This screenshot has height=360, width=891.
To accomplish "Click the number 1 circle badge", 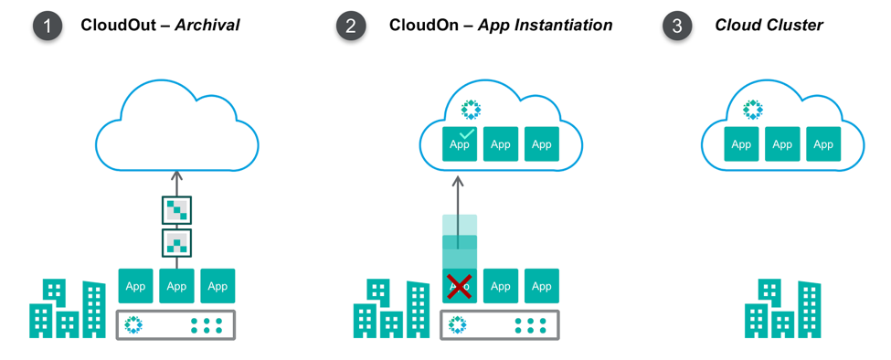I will click(x=48, y=26).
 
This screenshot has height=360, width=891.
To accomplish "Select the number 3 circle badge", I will click(x=676, y=26).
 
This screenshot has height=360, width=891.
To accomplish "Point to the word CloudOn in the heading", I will click(x=425, y=26).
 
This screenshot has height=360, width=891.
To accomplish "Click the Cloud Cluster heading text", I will click(x=769, y=26).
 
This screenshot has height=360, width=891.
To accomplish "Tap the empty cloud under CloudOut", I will click(x=177, y=128).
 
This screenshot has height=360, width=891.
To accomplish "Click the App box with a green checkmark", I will click(x=460, y=144).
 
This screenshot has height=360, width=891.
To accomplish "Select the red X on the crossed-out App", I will click(x=460, y=285).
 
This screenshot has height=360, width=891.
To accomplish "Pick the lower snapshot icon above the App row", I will click(x=176, y=243).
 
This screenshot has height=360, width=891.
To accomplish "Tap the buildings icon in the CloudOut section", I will click(x=68, y=309).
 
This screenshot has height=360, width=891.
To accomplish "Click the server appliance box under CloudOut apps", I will click(x=176, y=324).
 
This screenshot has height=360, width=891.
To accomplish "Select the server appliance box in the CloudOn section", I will click(x=500, y=324).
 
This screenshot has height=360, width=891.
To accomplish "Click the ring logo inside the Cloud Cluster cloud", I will click(x=752, y=111).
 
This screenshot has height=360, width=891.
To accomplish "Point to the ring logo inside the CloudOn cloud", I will click(x=471, y=111).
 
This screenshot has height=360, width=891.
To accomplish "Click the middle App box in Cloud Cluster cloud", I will click(x=782, y=144).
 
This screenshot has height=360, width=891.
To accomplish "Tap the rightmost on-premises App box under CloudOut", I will click(x=217, y=286).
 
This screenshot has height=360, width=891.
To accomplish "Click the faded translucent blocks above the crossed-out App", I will click(x=460, y=240).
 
